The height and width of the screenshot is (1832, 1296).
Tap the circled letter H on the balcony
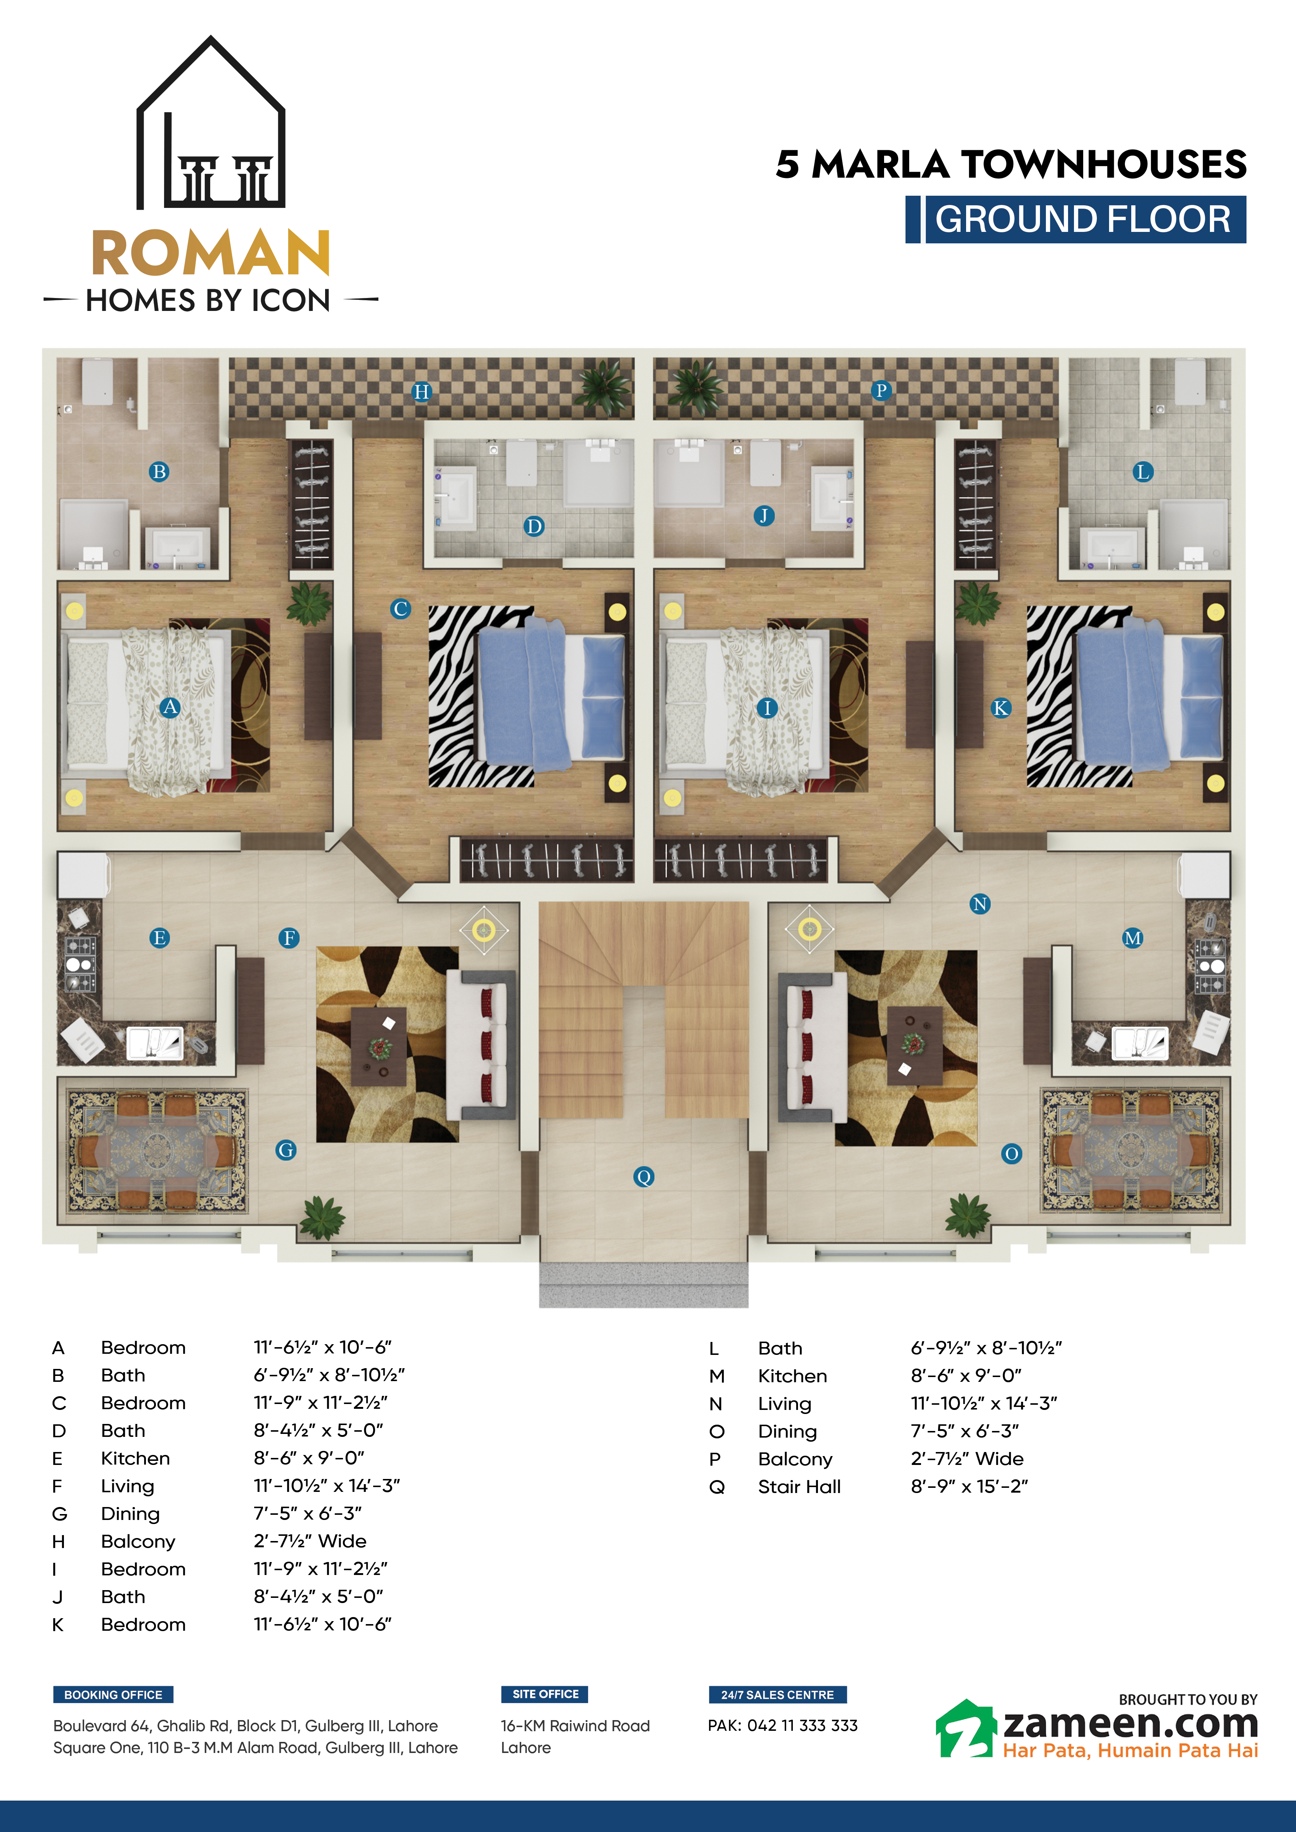point(422,392)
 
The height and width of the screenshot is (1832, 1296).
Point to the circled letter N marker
point(980,904)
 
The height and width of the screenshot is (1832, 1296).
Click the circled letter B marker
point(159,472)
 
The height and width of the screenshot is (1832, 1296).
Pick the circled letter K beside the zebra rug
point(1000,708)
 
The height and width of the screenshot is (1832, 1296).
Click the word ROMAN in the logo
point(211,253)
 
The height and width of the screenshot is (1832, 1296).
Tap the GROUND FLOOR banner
point(1076,219)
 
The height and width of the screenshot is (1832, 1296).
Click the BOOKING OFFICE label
point(113,1695)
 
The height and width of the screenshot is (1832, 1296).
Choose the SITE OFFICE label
point(545,1694)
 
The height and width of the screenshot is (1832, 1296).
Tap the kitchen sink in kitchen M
point(1140,1043)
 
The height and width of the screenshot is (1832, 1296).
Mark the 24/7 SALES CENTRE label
point(777,1695)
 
